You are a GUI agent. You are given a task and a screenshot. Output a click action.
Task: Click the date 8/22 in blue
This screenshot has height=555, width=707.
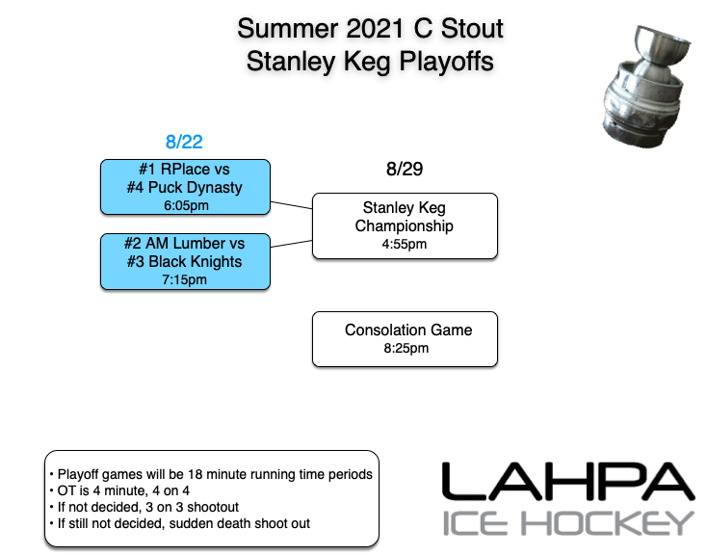[x=184, y=142]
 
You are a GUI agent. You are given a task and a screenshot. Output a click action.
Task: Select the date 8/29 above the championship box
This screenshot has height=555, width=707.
[x=405, y=170]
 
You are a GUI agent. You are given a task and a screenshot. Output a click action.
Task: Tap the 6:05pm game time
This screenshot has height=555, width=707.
[x=184, y=204]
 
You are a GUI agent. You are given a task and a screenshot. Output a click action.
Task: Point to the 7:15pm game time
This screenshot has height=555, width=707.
[x=184, y=279]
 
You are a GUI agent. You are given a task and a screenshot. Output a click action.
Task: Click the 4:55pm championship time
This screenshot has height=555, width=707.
[x=405, y=244]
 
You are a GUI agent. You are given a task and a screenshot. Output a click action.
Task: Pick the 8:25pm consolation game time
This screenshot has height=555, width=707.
[x=405, y=348]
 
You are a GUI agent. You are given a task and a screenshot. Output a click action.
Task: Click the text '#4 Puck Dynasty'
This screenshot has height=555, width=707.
[x=184, y=187]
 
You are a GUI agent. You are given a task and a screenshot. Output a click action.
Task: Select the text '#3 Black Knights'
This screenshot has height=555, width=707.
[x=184, y=261]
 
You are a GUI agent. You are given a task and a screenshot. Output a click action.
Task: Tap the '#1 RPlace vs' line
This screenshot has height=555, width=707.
[x=184, y=170]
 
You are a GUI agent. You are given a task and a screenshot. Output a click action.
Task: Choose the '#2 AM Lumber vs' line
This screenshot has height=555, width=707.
[x=184, y=244]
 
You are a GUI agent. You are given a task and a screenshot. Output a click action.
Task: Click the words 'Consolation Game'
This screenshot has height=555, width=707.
[x=408, y=330]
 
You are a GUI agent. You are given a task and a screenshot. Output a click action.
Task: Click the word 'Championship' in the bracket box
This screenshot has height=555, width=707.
[x=405, y=225]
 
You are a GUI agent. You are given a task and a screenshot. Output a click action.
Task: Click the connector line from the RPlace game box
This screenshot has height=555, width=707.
[x=291, y=204]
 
